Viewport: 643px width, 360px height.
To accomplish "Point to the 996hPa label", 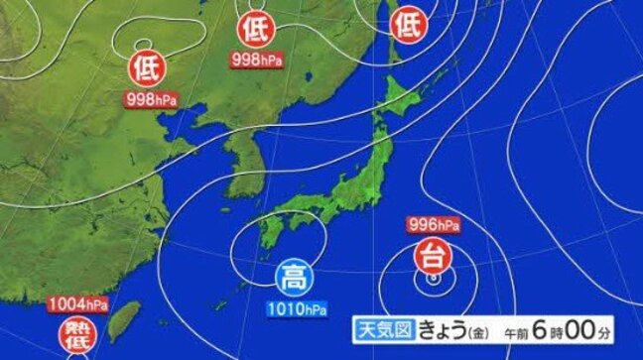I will pyautogui.click(x=433, y=223).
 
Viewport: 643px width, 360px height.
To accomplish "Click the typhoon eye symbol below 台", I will pyautogui.click(x=433, y=280).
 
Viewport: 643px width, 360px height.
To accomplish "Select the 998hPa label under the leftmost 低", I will pyautogui.click(x=148, y=99).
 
